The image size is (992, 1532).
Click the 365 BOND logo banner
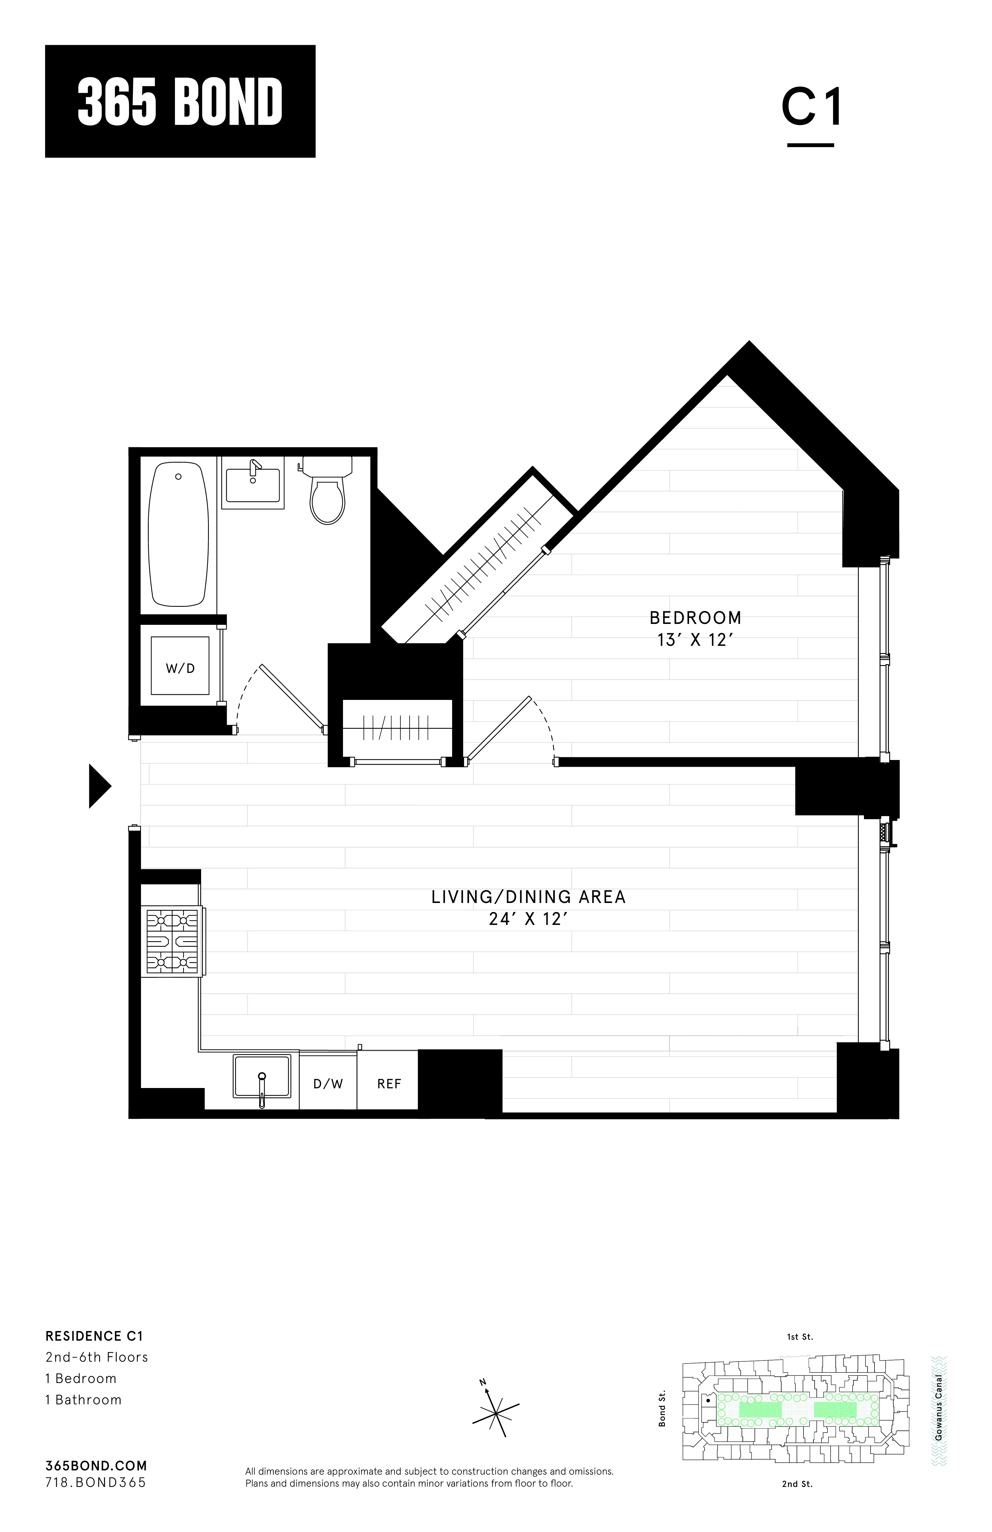click(180, 101)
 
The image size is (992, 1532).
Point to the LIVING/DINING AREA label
click(528, 897)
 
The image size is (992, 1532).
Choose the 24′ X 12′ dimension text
click(528, 919)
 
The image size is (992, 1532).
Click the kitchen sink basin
click(262, 1076)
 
